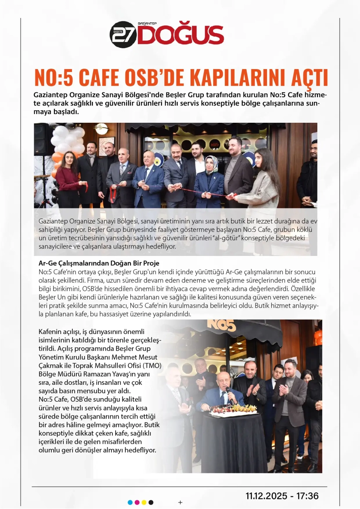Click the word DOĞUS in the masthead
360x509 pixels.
(180, 35)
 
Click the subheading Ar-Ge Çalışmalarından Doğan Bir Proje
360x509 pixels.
(99, 263)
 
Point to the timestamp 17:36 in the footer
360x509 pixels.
(307, 496)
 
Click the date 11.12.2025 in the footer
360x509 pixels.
(266, 496)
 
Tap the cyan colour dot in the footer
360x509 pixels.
(130, 503)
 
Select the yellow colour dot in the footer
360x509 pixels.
(144, 503)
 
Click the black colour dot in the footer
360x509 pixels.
(151, 503)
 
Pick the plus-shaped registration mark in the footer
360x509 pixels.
(180, 503)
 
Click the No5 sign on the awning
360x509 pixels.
(221, 325)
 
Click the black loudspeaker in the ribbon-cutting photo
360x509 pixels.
(43, 139)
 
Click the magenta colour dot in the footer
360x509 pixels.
(137, 503)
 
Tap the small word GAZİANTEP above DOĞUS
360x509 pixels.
(147, 23)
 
